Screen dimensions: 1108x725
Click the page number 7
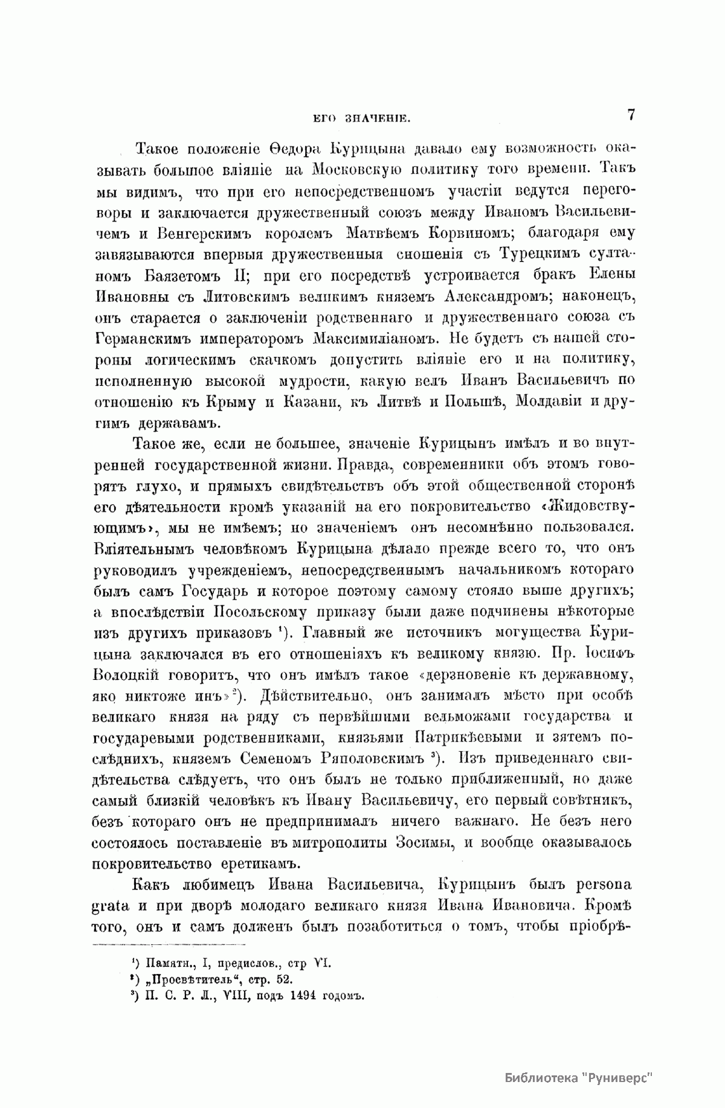[x=630, y=115]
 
